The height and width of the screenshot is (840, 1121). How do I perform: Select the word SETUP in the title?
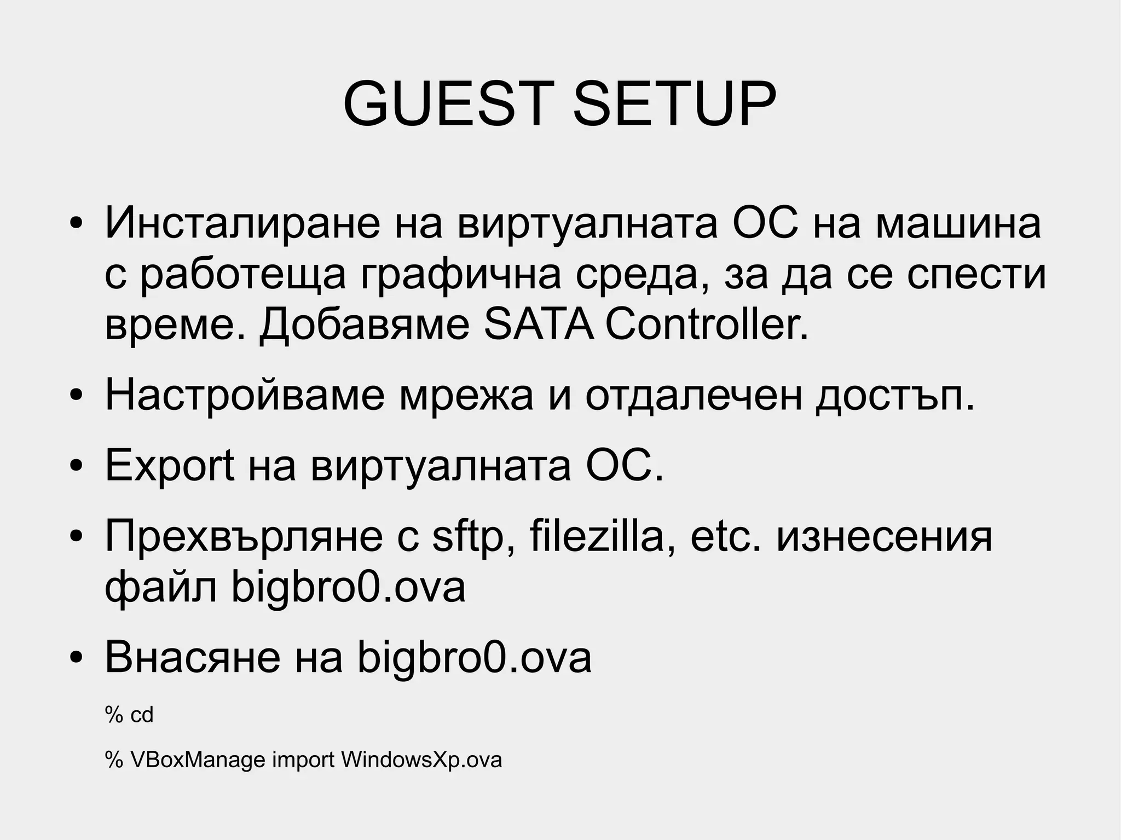coord(674,104)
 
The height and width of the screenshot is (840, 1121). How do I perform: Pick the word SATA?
coord(539,325)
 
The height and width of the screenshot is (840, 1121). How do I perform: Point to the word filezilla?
coord(602,536)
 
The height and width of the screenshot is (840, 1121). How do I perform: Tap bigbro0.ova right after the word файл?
coord(348,588)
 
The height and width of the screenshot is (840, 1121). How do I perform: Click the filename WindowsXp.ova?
coord(421,760)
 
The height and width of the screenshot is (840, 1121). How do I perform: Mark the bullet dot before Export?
coord(76,466)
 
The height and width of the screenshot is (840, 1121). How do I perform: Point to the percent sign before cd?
coord(114,715)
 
